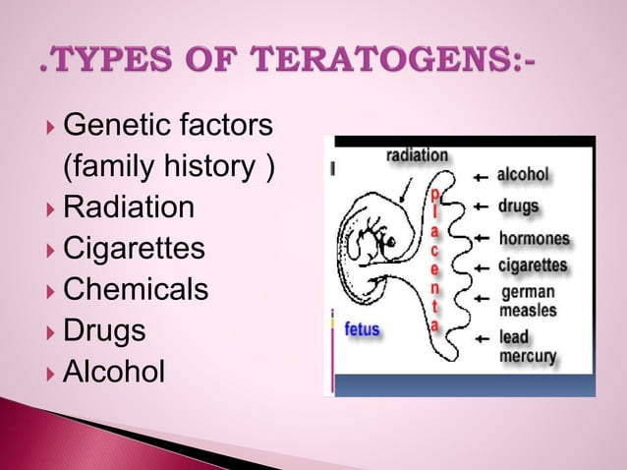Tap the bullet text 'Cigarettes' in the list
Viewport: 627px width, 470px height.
(x=135, y=250)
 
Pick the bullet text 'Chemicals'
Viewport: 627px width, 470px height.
(x=136, y=291)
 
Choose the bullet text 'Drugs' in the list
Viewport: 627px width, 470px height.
(x=104, y=331)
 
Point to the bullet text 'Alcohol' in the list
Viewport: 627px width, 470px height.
(x=114, y=373)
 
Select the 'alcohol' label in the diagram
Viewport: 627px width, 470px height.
(x=522, y=176)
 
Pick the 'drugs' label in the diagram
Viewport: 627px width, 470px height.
(x=517, y=206)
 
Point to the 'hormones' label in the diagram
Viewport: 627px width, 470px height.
(x=534, y=239)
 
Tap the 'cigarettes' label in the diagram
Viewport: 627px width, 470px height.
(x=532, y=265)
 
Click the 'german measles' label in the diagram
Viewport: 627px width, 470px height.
(x=528, y=301)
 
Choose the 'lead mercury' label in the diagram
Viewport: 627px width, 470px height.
(x=528, y=346)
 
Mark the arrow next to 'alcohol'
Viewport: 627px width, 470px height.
(x=481, y=177)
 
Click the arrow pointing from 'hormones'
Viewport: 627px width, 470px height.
(x=481, y=239)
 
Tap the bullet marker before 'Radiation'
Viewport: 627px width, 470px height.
(x=51, y=209)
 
